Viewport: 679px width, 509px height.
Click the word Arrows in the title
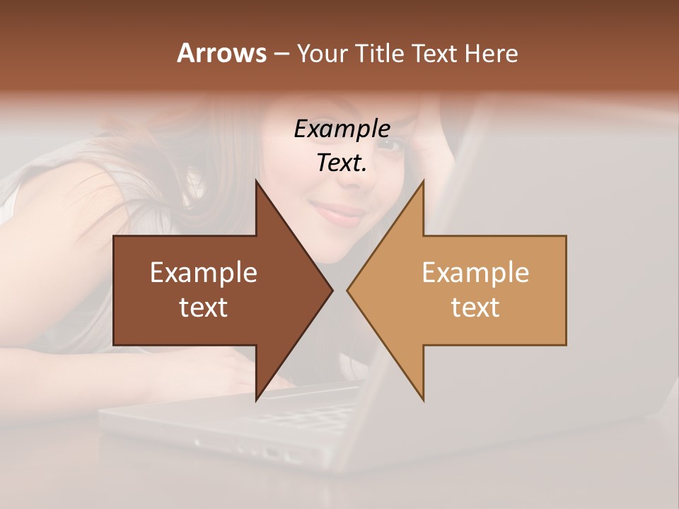pos(221,53)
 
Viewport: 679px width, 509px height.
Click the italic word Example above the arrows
pos(342,129)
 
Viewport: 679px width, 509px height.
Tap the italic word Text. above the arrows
pos(342,163)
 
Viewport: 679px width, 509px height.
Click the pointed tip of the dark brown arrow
pos(330,290)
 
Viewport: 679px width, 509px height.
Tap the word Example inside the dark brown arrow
pos(204,273)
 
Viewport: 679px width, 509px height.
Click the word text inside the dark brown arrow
pos(204,308)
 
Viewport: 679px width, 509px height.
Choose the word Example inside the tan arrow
pos(475,273)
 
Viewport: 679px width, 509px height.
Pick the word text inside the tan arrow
pos(475,308)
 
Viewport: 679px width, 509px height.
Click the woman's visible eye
pos(393,146)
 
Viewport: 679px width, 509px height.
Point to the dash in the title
pos(281,54)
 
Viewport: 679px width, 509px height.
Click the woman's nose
pos(350,180)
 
